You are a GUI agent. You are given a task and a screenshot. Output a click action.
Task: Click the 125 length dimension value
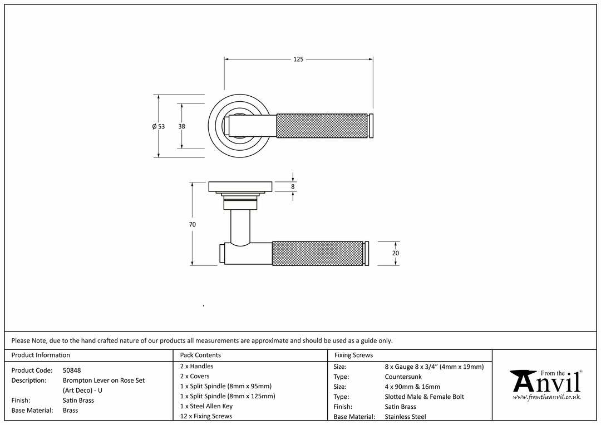coord(298,60)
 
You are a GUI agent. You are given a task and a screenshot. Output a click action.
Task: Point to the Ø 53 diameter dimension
coord(159,126)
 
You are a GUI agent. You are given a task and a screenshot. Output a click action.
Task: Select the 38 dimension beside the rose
coord(181,126)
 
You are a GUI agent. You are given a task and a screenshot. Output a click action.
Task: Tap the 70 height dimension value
coord(193,224)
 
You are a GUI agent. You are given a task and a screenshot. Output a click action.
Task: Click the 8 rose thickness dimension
coord(293,187)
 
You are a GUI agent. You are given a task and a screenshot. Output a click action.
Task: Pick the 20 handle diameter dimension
coord(396,253)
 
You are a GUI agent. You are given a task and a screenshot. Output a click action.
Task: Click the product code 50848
coord(72,370)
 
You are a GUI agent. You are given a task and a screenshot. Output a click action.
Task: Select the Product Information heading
coord(41,355)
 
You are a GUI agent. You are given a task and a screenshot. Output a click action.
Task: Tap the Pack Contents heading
coord(200,355)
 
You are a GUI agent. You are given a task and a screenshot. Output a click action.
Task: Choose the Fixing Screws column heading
coord(353,355)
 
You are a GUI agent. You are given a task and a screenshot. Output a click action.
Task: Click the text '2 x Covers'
coord(195,376)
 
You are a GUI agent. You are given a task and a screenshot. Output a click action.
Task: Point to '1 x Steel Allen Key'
coord(206,406)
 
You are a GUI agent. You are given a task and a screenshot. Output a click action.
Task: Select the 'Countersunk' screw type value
coord(403,377)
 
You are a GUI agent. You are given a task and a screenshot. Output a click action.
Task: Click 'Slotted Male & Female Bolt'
coord(424,397)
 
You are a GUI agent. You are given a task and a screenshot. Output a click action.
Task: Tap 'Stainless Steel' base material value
coord(405,416)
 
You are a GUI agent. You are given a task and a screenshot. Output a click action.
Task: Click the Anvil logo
coord(546,382)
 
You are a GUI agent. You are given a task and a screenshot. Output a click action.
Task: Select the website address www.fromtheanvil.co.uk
coord(546,397)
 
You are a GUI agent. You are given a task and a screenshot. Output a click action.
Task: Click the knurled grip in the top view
coord(322,126)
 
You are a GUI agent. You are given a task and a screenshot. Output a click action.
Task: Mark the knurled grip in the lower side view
coord(317,254)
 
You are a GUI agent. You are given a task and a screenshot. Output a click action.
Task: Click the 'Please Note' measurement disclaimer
coord(201,340)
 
